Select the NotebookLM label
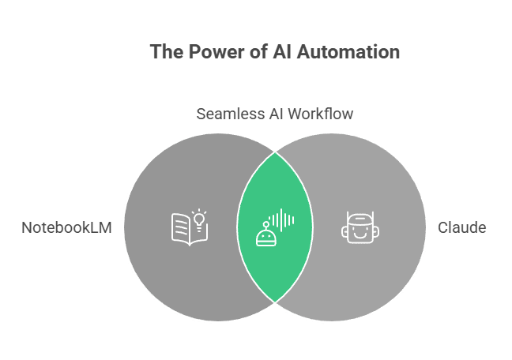click(x=66, y=228)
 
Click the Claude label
click(x=461, y=228)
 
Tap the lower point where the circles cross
click(x=275, y=302)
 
